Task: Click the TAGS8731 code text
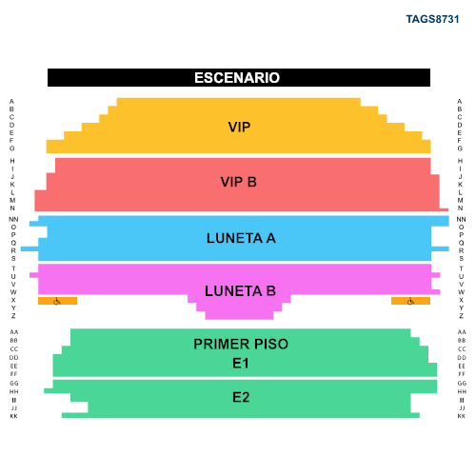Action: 432,19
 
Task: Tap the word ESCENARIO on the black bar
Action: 237,78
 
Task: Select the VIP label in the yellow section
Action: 239,127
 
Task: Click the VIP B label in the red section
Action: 239,182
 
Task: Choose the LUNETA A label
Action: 241,238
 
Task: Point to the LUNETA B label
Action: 240,291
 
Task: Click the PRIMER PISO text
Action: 241,344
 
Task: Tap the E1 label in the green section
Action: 241,363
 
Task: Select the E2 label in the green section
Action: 241,397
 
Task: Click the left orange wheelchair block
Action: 57,301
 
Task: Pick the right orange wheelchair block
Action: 410,301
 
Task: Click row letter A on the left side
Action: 11,102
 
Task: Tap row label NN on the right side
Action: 461,219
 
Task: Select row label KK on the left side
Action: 13,416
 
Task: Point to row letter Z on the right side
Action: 461,316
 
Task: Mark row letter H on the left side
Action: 12,161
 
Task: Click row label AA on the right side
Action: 462,332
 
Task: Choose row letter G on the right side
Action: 460,149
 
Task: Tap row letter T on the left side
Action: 13,268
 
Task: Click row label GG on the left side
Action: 14,384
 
